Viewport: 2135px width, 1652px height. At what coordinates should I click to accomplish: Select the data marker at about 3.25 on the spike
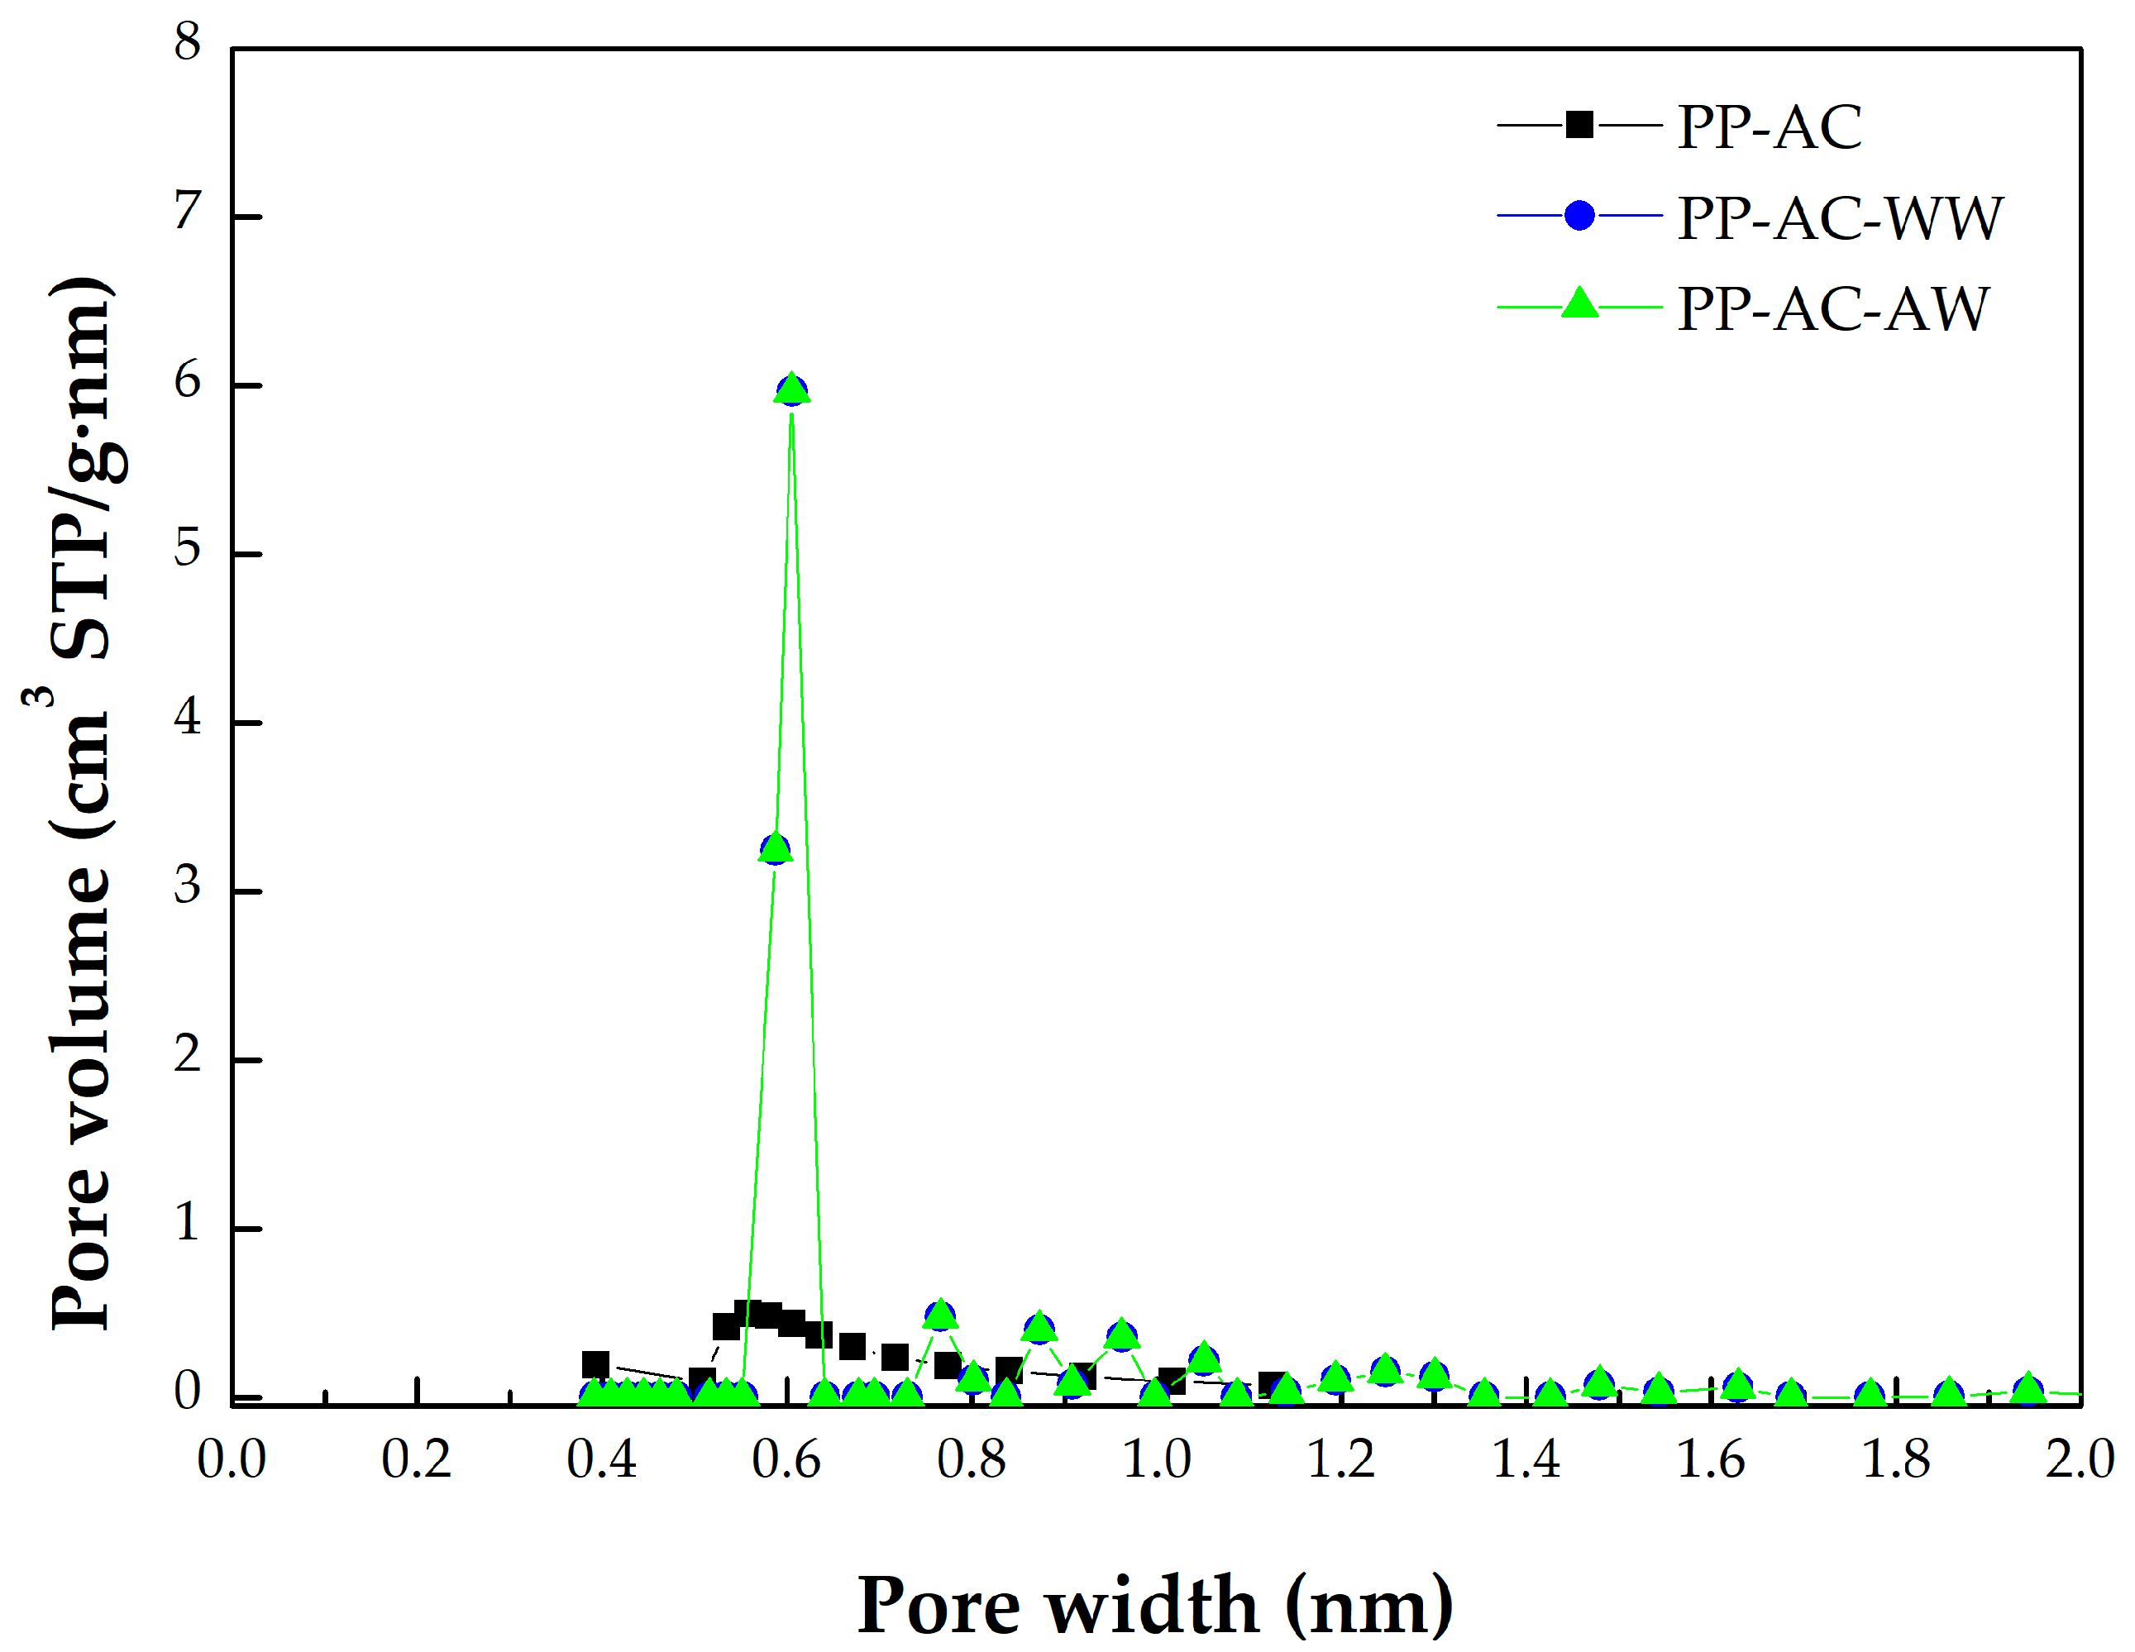[x=776, y=848]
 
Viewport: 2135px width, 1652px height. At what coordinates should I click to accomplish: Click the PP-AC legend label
[x=1770, y=127]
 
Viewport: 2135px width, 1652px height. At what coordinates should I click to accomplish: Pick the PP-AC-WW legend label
[x=1840, y=217]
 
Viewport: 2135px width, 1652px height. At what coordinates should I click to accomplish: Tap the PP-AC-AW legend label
[x=1833, y=309]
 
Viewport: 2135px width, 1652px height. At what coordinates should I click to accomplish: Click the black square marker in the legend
[x=1579, y=125]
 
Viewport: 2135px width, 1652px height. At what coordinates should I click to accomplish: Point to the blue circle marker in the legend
[x=1579, y=215]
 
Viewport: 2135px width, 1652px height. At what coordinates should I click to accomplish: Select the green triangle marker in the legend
[x=1579, y=305]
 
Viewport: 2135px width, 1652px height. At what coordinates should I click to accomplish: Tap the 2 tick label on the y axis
[x=188, y=1056]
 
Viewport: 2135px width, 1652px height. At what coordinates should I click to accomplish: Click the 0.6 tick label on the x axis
[x=787, y=1460]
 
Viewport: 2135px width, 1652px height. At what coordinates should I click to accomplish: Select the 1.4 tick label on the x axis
[x=1526, y=1460]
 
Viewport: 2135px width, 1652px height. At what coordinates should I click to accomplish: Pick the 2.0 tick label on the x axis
[x=2080, y=1460]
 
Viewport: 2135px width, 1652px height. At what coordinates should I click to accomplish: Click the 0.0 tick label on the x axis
[x=232, y=1460]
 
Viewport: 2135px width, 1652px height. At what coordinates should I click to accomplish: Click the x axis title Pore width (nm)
[x=1154, y=1606]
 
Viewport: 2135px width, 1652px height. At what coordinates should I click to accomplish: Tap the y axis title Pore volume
[x=82, y=801]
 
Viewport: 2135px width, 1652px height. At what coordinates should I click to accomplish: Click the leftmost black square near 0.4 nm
[x=595, y=1364]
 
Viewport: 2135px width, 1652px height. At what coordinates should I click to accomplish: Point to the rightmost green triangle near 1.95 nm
[x=2028, y=1389]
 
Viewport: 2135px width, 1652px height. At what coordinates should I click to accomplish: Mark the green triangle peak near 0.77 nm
[x=939, y=1315]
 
